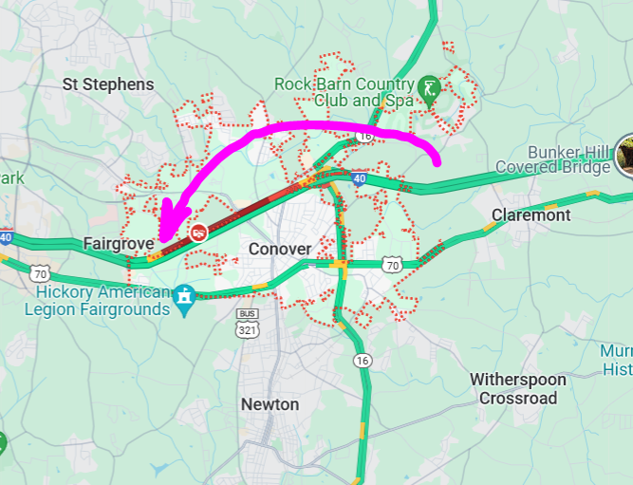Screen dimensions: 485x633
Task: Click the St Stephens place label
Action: (108, 84)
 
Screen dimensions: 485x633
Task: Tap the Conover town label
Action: (280, 249)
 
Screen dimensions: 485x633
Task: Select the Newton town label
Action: (270, 404)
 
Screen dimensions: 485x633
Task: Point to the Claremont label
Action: (531, 215)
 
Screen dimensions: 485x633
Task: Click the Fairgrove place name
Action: (119, 244)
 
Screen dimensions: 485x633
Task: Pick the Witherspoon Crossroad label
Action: (518, 389)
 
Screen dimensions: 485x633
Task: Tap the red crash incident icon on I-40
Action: (199, 232)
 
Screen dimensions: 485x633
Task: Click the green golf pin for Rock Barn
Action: (429, 88)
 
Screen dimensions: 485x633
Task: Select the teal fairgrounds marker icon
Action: (184, 296)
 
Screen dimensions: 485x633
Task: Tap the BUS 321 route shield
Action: (247, 325)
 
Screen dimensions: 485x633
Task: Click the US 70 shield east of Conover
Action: (392, 263)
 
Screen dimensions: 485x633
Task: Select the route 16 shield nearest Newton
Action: (363, 360)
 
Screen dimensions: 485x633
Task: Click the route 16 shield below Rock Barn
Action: (365, 137)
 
